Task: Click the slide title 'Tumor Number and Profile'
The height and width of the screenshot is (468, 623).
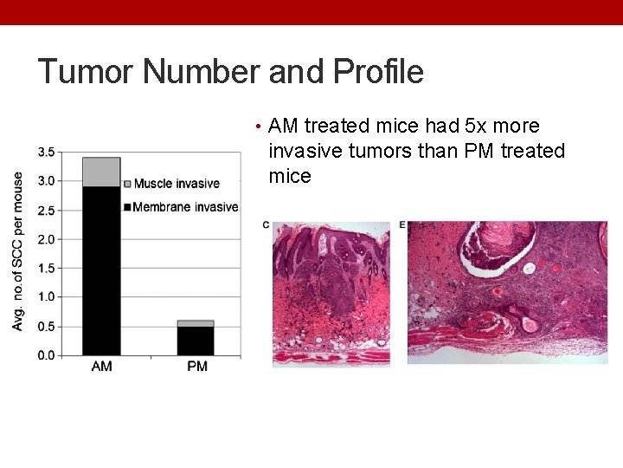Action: pyautogui.click(x=230, y=71)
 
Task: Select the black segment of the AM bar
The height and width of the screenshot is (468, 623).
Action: pyautogui.click(x=101, y=270)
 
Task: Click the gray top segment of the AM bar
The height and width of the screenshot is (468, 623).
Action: pyautogui.click(x=101, y=172)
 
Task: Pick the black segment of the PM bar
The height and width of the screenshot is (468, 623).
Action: pyautogui.click(x=196, y=341)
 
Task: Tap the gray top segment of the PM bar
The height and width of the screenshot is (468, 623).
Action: pyautogui.click(x=196, y=323)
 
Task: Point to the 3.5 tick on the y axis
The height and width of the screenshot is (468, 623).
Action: pyautogui.click(x=46, y=153)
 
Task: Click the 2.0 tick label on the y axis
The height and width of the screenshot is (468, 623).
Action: pyautogui.click(x=46, y=239)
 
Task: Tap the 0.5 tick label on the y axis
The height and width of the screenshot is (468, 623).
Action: pyautogui.click(x=46, y=327)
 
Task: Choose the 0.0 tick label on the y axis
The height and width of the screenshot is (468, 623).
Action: pyautogui.click(x=46, y=355)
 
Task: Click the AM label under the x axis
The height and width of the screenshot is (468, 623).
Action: pyautogui.click(x=101, y=367)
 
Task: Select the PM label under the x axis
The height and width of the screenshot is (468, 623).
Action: pyautogui.click(x=196, y=367)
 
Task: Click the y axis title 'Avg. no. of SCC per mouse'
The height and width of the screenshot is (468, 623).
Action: pyautogui.click(x=18, y=250)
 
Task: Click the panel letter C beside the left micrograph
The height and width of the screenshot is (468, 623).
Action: pyautogui.click(x=266, y=225)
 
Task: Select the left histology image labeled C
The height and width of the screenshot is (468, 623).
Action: pyautogui.click(x=331, y=294)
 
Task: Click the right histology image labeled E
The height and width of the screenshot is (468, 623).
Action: pyautogui.click(x=507, y=292)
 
